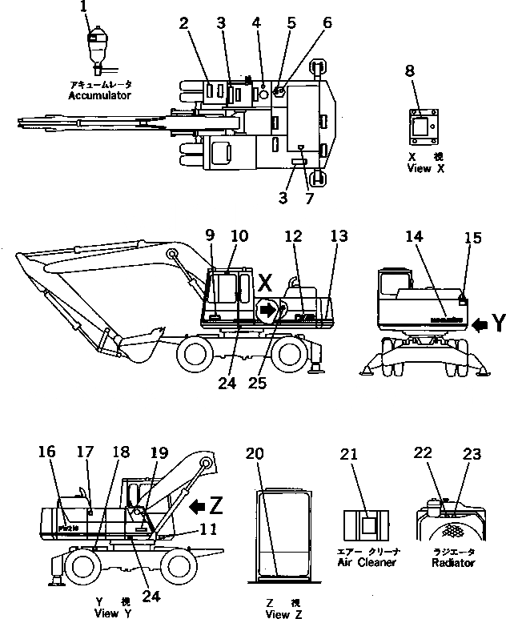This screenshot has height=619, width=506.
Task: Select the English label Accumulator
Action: [x=99, y=95]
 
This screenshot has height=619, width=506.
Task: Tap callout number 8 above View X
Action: [x=410, y=71]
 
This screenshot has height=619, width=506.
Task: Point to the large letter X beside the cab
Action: [x=265, y=283]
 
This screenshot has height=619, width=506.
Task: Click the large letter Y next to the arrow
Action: [x=497, y=323]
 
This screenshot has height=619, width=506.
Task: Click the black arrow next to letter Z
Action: [x=195, y=506]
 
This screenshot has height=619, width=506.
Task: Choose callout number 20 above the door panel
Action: [x=255, y=453]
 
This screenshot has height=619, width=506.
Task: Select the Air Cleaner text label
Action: [x=366, y=562]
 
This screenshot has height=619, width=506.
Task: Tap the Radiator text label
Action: [x=454, y=562]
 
